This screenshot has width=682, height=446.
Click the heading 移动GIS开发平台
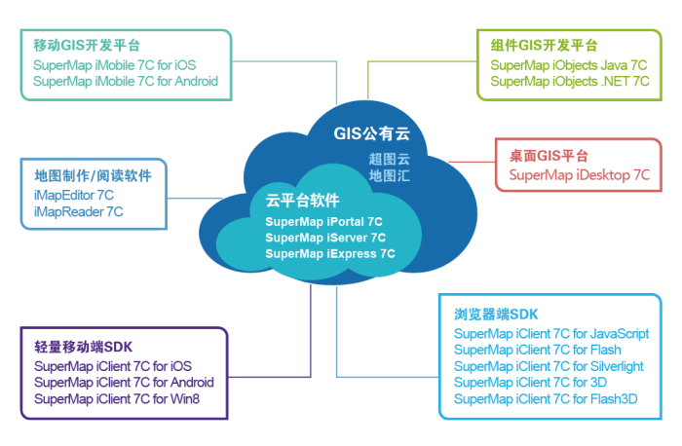(87, 46)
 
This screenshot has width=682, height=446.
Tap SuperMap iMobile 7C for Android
(126, 82)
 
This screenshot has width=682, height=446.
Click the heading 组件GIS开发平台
(544, 46)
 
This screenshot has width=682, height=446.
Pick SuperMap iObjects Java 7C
(569, 65)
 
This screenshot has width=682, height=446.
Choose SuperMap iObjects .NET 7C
(570, 82)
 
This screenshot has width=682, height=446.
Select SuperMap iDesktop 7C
(579, 175)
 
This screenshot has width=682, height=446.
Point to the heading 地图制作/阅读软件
(93, 176)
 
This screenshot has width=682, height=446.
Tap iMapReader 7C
(78, 211)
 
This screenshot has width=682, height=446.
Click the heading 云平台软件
(302, 201)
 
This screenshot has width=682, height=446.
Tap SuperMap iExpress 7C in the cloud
(329, 253)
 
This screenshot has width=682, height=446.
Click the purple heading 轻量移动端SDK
(83, 348)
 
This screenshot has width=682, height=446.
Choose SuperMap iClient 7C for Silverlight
(549, 366)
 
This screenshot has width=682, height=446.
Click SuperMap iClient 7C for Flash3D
(546, 398)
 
